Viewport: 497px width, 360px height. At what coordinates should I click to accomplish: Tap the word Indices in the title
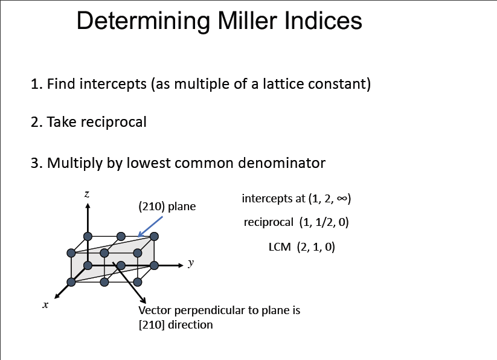tap(322, 21)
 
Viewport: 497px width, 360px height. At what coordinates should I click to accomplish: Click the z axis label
tap(87, 194)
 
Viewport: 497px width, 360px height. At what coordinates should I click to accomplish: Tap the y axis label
tap(191, 263)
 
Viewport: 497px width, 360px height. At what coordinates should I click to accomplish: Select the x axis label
tap(45, 305)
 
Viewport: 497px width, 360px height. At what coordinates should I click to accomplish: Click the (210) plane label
tap(167, 207)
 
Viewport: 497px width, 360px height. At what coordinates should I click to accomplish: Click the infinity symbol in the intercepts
tap(341, 198)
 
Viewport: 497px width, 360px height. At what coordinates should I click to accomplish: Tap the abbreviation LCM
tap(280, 247)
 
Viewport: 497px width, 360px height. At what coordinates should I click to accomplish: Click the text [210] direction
tap(176, 325)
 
